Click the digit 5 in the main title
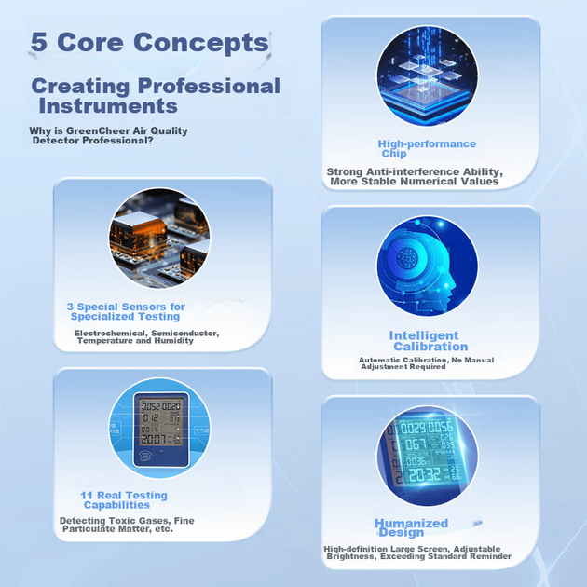(x=39, y=42)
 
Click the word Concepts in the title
(x=201, y=42)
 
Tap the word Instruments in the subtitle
(x=108, y=105)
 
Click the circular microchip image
(x=427, y=76)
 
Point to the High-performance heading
(x=427, y=143)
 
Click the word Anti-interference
(x=413, y=171)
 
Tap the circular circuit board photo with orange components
(x=159, y=239)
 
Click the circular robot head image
(x=427, y=266)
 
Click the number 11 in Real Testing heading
(x=87, y=496)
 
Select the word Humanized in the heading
(x=411, y=523)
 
